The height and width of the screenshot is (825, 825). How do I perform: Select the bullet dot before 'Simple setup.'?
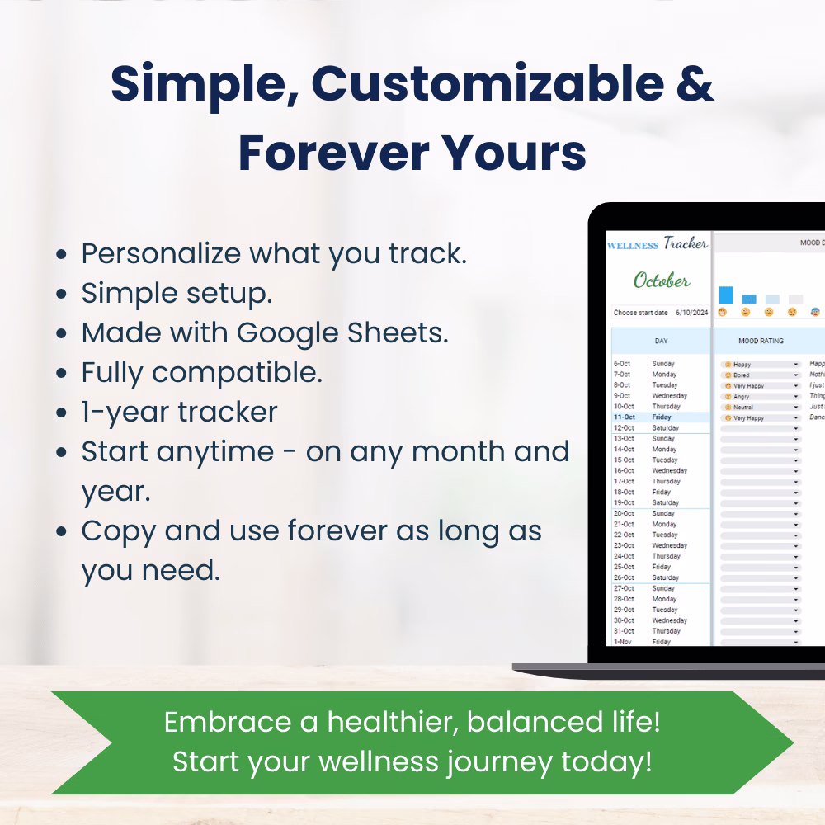coord(61,295)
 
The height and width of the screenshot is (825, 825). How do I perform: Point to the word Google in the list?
coord(300,332)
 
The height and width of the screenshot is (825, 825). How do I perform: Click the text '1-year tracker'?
coord(179,412)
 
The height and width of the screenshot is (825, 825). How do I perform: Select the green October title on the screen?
coord(662,280)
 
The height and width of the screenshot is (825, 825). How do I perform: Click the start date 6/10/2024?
coord(692,313)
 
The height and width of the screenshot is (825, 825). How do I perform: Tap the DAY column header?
coord(661,341)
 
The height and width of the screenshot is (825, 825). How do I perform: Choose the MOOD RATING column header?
coord(761,341)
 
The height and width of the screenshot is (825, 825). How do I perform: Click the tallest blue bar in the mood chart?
coord(726,295)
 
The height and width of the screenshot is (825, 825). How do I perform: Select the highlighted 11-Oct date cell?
coord(625,417)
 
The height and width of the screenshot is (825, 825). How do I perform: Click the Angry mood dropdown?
coord(761,396)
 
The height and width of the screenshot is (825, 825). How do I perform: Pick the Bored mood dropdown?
coord(761,375)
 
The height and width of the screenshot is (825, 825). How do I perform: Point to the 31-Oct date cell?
coord(623,631)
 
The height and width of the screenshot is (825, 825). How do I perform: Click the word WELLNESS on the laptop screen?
coord(633,245)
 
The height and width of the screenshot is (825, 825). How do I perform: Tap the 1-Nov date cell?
coord(622,642)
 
